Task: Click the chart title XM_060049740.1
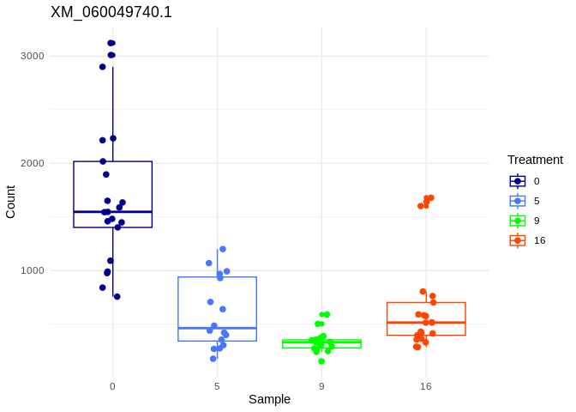point(111,12)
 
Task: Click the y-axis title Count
point(10,202)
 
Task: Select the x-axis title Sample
point(269,399)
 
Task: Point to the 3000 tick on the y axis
point(33,56)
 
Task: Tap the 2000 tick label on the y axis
point(33,163)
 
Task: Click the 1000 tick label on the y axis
point(33,270)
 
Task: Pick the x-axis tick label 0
point(112,386)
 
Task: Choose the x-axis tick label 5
point(217,386)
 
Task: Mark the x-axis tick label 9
point(321,386)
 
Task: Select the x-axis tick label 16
point(426,386)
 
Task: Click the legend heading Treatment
point(535,160)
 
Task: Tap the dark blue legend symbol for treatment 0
point(518,181)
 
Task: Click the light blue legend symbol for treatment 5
point(518,201)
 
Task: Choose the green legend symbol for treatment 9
point(518,221)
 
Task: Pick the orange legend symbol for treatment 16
point(518,240)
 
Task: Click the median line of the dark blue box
point(112,211)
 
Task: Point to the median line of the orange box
point(426,323)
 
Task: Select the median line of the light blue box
point(217,328)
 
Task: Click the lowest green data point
point(321,361)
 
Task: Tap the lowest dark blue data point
point(117,297)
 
